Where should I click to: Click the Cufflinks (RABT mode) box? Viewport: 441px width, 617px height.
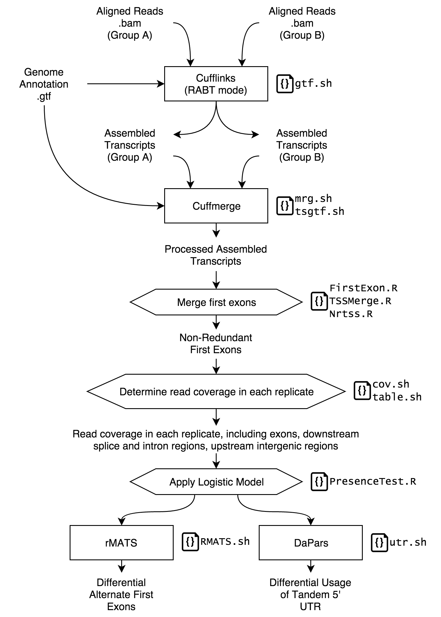pos(216,84)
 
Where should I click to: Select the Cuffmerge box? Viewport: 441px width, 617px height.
pos(216,206)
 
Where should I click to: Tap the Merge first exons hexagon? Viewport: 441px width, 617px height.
pos(216,302)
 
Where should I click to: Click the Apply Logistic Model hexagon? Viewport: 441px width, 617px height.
pos(216,482)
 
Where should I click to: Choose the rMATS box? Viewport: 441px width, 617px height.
pos(121,543)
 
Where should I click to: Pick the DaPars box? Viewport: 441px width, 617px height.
pos(311,543)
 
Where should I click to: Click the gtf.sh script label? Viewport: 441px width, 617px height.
pos(313,83)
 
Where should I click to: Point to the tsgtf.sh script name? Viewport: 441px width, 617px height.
pos(320,211)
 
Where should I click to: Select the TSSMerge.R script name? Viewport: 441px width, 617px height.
pos(360,301)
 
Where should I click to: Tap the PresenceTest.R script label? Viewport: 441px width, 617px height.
pos(373,481)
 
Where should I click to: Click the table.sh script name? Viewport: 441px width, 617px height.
pos(397,397)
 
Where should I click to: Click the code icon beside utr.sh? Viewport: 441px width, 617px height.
pos(379,542)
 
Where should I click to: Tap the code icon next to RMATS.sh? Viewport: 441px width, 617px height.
pos(190,542)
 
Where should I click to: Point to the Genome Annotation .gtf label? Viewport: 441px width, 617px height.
pos(44,84)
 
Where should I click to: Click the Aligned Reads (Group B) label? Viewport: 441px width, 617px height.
pos(302,23)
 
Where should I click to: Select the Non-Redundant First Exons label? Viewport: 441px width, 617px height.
pos(216,343)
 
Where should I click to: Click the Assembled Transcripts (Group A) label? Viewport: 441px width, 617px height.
pos(130,145)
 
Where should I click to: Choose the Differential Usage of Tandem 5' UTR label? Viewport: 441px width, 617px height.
pos(310,594)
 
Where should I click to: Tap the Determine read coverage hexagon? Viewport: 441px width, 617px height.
pos(216,391)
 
